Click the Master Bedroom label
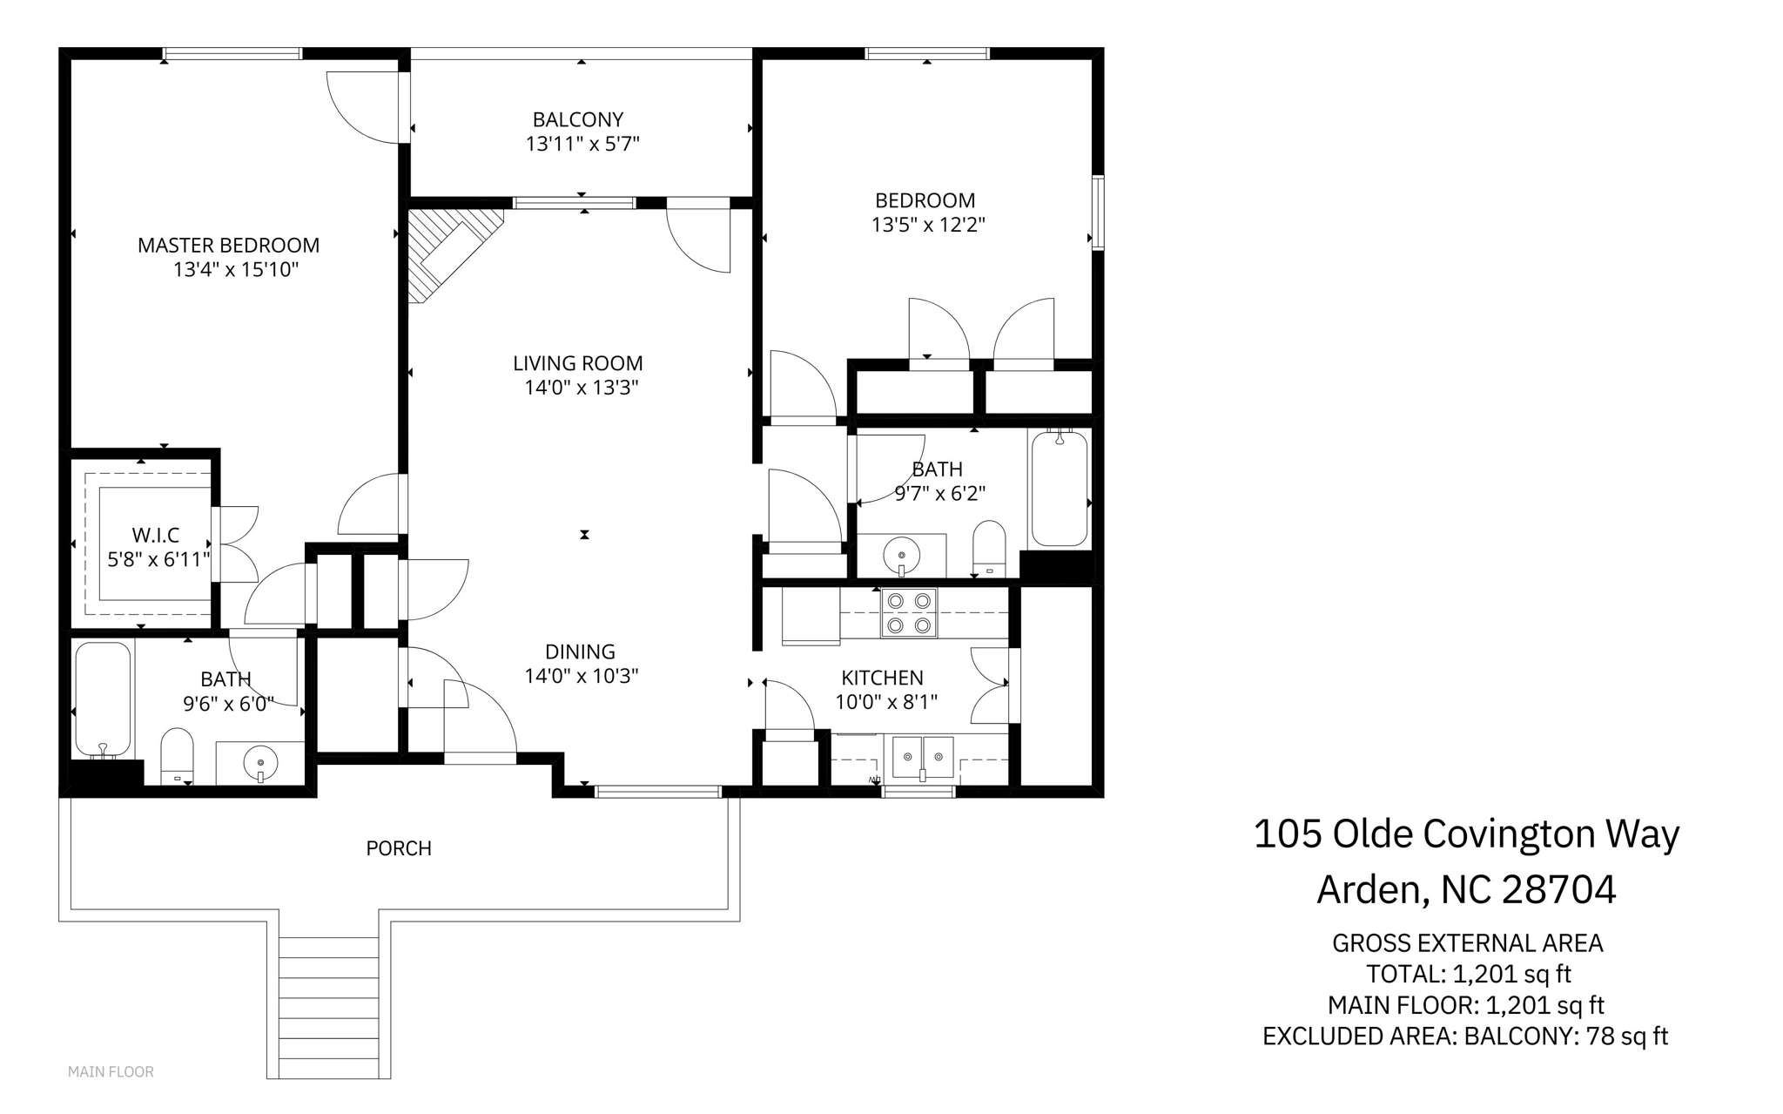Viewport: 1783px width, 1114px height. [228, 246]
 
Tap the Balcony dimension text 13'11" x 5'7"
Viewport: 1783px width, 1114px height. [582, 144]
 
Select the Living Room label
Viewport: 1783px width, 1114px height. [578, 363]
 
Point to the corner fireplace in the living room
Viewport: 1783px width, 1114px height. [455, 253]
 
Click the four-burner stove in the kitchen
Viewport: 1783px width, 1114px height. [908, 613]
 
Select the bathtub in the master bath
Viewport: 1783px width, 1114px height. [103, 700]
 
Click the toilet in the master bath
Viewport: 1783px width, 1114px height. [177, 756]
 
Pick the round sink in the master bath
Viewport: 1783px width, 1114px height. [260, 764]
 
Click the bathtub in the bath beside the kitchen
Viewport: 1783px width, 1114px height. [1059, 488]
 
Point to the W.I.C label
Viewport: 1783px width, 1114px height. [156, 535]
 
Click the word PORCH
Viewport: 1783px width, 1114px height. [399, 848]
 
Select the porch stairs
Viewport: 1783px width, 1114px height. [328, 1007]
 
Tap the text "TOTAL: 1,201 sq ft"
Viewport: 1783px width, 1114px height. [1468, 974]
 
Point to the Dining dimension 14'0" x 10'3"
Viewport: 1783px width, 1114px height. [582, 676]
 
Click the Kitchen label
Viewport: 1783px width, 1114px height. [882, 678]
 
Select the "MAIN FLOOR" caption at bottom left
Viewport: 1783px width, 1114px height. [111, 1072]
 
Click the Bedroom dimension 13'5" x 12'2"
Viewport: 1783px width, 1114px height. [928, 226]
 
